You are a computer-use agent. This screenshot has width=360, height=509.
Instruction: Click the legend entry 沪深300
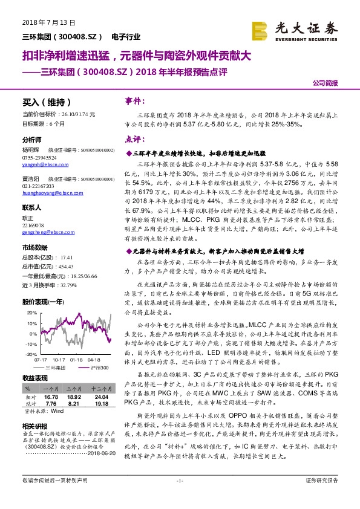83,367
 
